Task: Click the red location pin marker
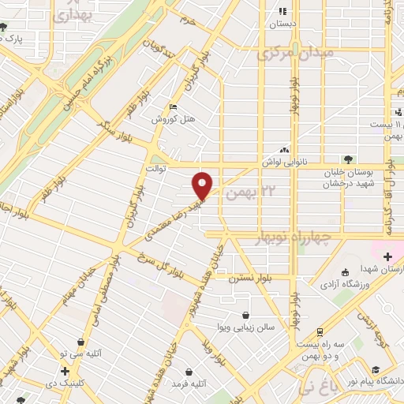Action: coord(203,185)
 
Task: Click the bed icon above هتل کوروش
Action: coord(173,107)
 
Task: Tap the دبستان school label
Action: coord(282,24)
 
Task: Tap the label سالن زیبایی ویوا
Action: coord(246,327)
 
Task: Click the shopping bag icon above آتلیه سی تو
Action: coord(82,342)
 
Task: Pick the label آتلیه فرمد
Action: coord(189,383)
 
